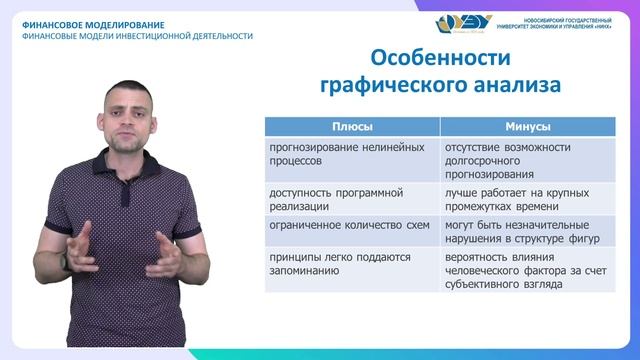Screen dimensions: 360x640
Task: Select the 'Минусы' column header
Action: [528, 126]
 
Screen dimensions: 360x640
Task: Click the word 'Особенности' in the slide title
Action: [433, 57]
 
